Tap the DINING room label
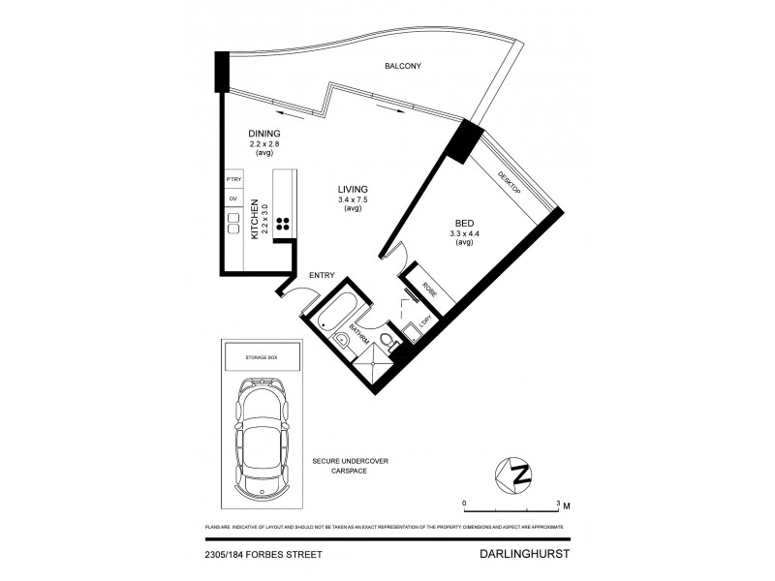click(263, 134)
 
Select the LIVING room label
click(353, 190)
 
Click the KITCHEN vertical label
click(255, 221)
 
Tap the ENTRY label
click(322, 276)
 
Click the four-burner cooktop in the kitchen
click(285, 225)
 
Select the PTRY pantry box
click(232, 181)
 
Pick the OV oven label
click(232, 199)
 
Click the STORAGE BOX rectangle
click(260, 358)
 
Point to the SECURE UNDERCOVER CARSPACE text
click(350, 467)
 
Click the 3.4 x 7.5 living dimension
click(353, 200)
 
